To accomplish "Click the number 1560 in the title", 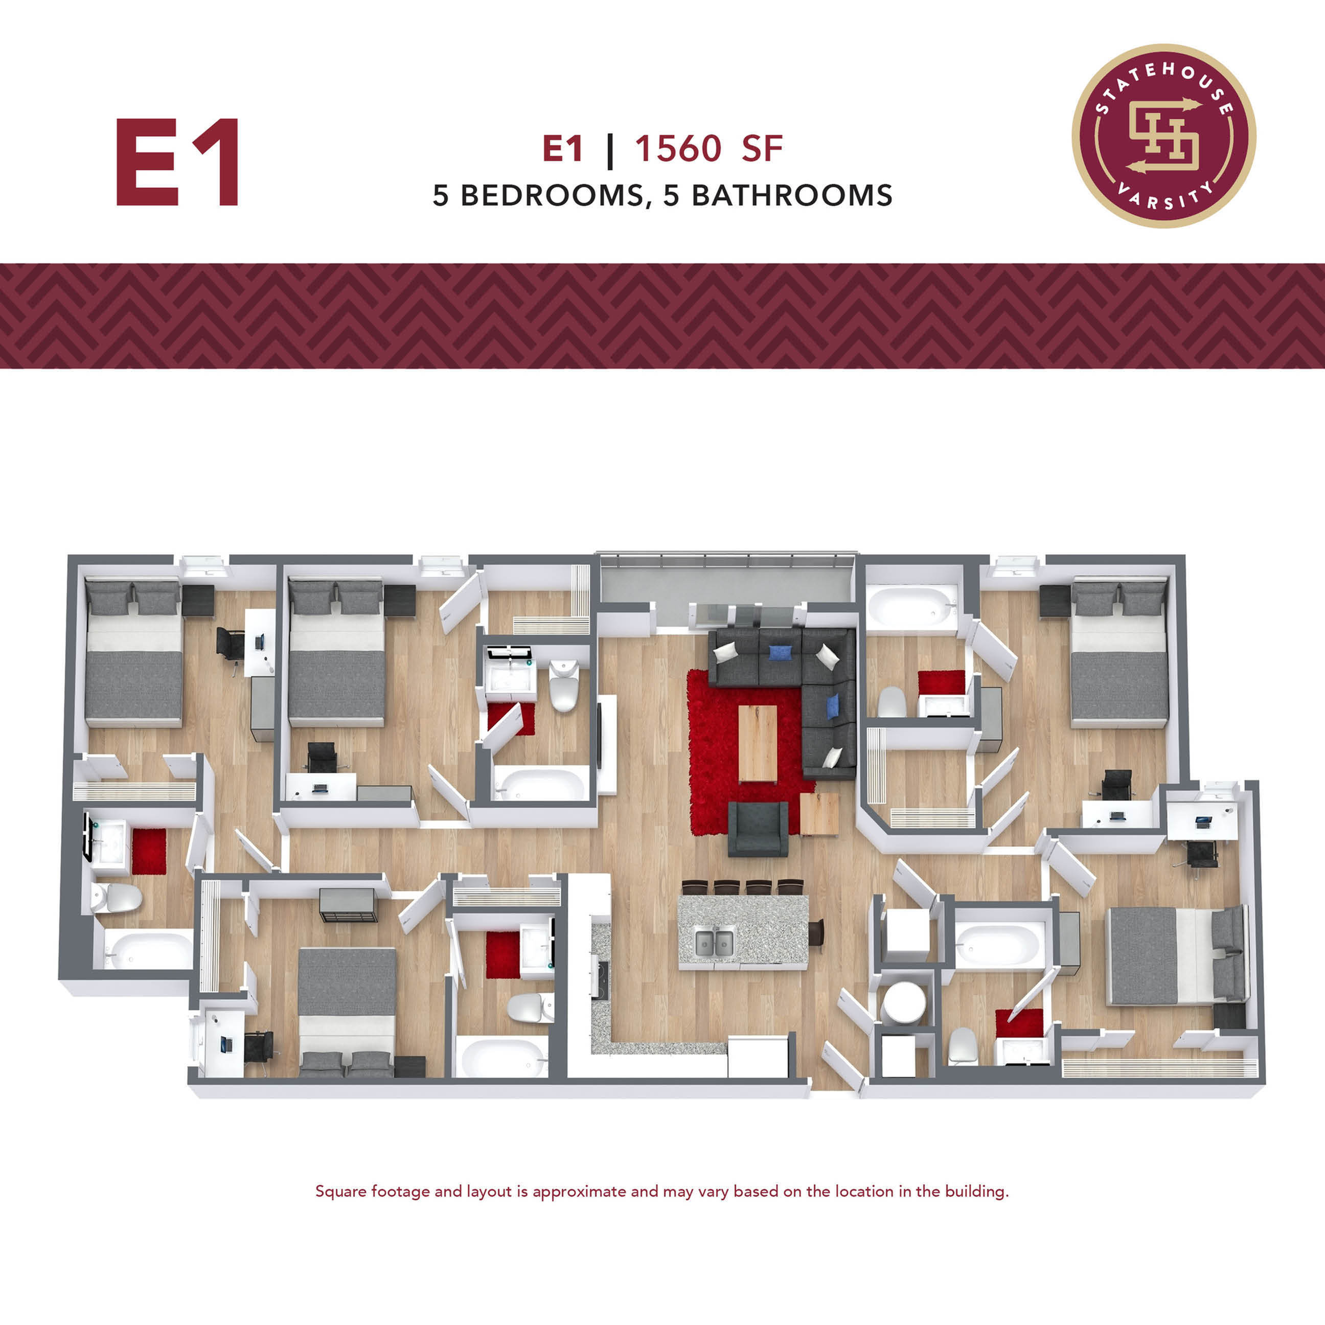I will pyautogui.click(x=678, y=149).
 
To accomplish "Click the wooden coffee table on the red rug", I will pyautogui.click(x=757, y=743).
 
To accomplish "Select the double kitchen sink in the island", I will pyautogui.click(x=714, y=942).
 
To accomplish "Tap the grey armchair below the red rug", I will pyautogui.click(x=758, y=829).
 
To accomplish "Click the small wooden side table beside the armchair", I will pyautogui.click(x=819, y=814).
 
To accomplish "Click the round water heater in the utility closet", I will pyautogui.click(x=903, y=1002).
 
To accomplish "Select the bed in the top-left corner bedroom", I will pyautogui.click(x=134, y=654).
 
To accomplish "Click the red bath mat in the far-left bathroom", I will pyautogui.click(x=149, y=851).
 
